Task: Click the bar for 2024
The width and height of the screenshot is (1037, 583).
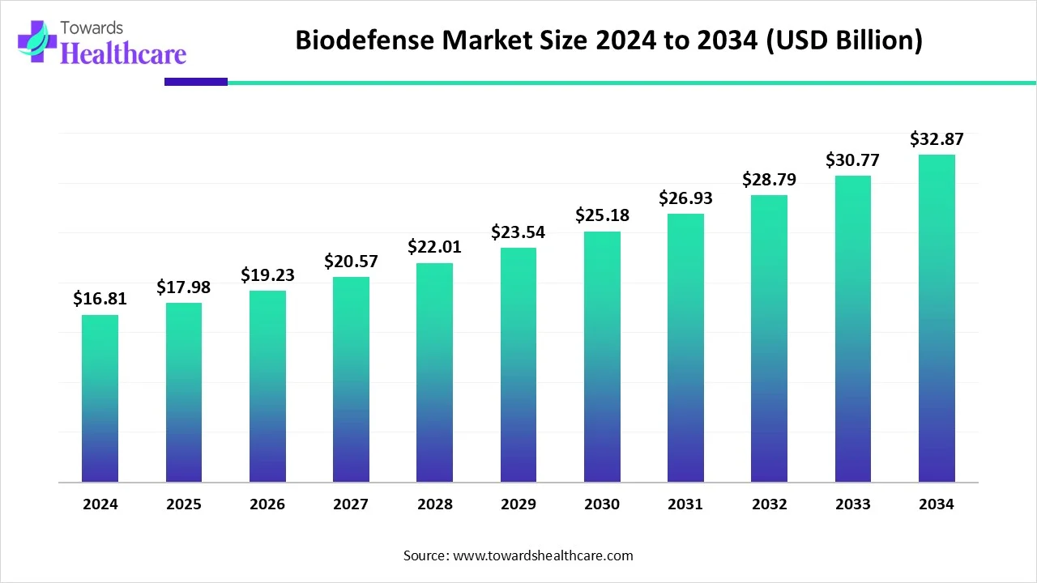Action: [x=100, y=398]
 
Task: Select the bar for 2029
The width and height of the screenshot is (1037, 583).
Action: [x=518, y=364]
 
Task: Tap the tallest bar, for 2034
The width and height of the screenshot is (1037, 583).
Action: [x=937, y=318]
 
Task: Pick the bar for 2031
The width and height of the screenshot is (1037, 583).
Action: [x=685, y=348]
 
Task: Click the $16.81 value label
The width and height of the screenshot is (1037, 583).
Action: [x=100, y=299]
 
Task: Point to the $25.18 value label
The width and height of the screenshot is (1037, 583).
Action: [x=602, y=215]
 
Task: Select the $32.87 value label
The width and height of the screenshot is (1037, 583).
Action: [x=937, y=138]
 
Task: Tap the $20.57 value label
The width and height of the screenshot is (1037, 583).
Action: [x=351, y=261]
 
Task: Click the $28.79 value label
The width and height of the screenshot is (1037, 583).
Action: [x=769, y=179]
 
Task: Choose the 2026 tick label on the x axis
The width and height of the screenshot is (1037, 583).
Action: [x=267, y=504]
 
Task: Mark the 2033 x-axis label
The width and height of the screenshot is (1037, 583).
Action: [x=853, y=504]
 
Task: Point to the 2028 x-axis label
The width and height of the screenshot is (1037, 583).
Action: [x=435, y=504]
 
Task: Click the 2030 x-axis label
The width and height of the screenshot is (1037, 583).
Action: [x=602, y=504]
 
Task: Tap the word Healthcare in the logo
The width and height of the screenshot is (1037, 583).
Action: [x=123, y=53]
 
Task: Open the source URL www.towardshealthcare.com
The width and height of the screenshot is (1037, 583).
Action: [x=541, y=555]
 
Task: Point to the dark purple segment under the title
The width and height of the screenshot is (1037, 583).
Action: [x=196, y=82]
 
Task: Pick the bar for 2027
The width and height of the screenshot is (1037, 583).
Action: [x=351, y=380]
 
